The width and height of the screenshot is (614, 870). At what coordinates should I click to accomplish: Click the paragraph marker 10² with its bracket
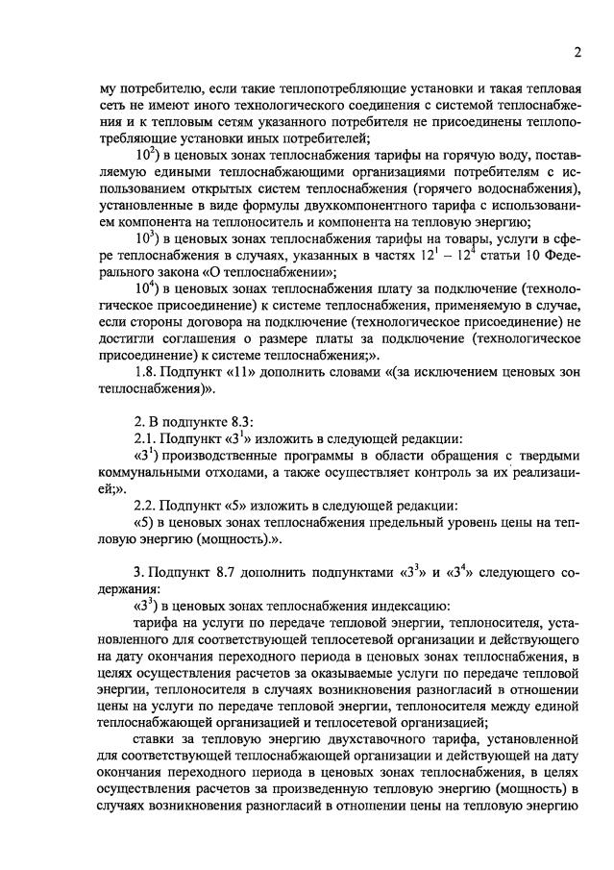(x=150, y=154)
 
